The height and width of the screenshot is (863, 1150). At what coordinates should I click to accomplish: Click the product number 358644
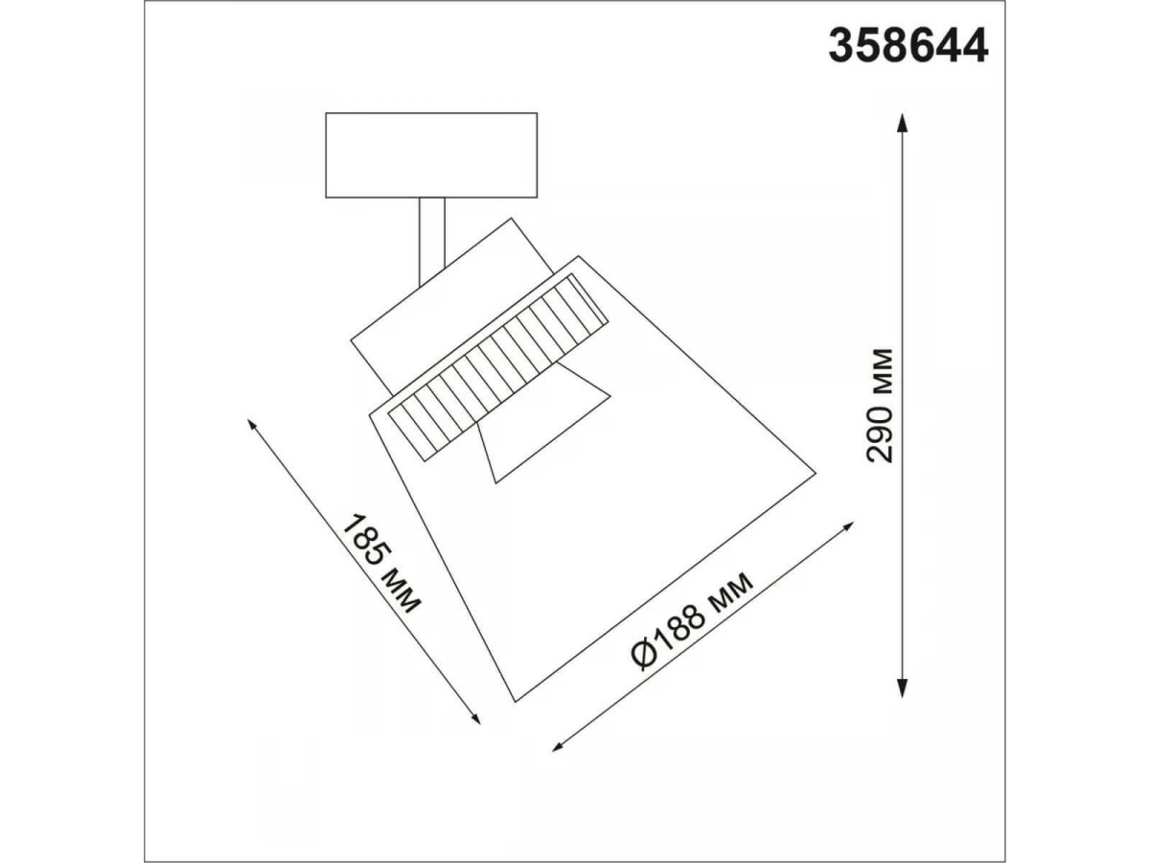[x=908, y=47]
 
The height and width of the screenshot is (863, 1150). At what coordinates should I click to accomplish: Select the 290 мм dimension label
[x=880, y=405]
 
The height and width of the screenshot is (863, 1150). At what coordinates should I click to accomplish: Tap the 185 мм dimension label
[x=381, y=565]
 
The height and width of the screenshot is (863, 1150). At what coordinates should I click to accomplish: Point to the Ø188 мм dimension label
[x=693, y=622]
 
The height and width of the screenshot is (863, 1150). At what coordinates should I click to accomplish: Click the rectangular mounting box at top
[x=431, y=155]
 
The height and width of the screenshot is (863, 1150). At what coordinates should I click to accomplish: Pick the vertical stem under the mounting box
[x=432, y=242]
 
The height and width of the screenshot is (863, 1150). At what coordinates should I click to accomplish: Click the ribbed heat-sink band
[x=497, y=367]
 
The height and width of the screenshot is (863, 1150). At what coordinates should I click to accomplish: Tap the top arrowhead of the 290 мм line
[x=902, y=123]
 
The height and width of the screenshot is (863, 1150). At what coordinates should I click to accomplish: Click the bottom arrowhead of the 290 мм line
[x=902, y=688]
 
